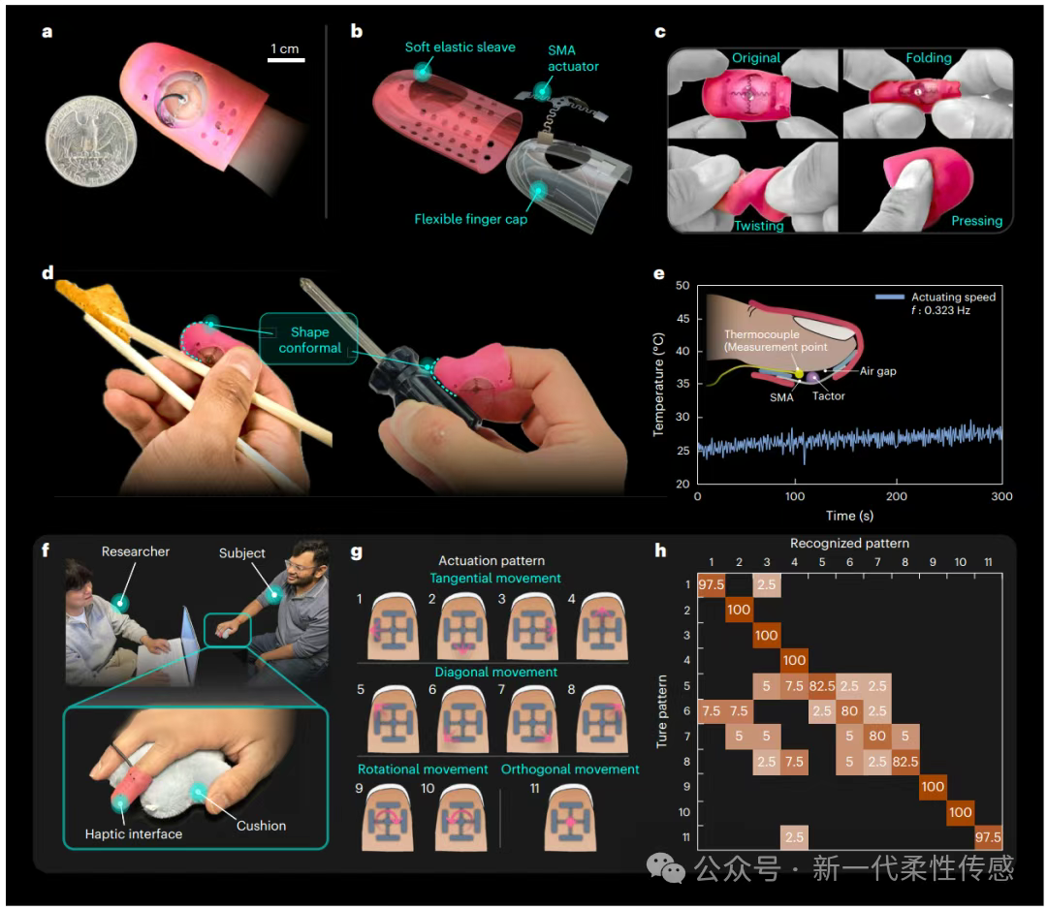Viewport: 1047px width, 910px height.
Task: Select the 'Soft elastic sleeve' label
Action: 460,47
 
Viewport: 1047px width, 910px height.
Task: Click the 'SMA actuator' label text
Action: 573,58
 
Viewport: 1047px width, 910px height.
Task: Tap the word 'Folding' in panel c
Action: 929,57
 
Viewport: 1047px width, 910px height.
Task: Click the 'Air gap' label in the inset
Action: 876,371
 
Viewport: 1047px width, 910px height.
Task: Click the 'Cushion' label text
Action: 261,826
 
